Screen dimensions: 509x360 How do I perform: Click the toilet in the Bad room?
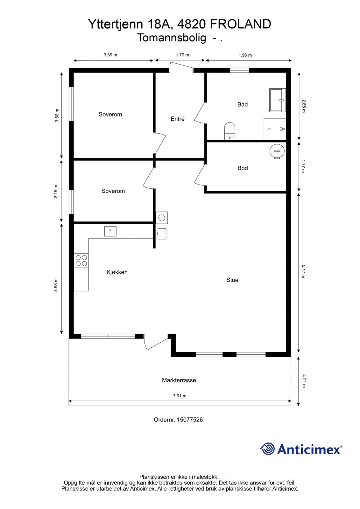[229, 131]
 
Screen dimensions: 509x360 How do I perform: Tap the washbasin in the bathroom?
[278, 100]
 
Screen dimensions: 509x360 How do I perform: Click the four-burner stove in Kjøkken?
[81, 261]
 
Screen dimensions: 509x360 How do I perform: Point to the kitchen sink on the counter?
[110, 231]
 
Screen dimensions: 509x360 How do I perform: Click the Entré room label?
[178, 119]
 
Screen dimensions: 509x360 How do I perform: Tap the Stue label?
[232, 280]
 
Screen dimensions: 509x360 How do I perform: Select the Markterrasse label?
[179, 380]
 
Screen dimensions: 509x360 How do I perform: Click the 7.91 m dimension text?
[180, 396]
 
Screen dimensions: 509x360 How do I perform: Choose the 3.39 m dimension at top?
[110, 55]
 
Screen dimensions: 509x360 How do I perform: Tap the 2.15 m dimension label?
[56, 192]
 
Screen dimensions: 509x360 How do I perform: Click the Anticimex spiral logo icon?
[267, 449]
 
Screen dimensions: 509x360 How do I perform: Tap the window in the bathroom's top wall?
[239, 70]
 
